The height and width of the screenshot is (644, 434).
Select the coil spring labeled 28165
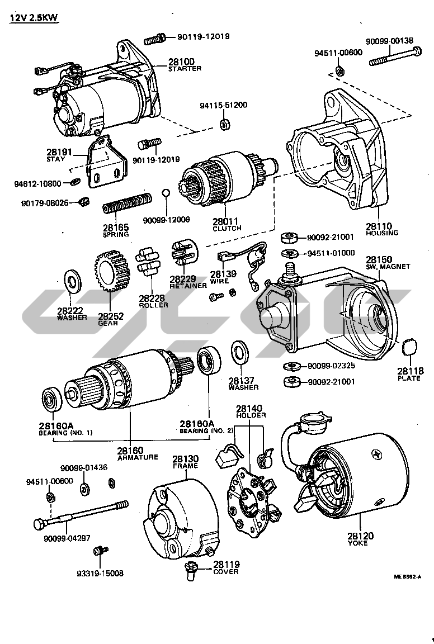coord(127,203)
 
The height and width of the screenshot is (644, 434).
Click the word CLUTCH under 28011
coord(227,229)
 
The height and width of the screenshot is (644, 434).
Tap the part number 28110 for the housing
coord(382,226)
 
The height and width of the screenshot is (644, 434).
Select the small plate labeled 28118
coord(411,347)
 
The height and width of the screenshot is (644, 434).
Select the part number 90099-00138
coord(390,41)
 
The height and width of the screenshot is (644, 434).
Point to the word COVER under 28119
coord(226,571)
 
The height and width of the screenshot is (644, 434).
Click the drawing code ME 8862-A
coord(406,576)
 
